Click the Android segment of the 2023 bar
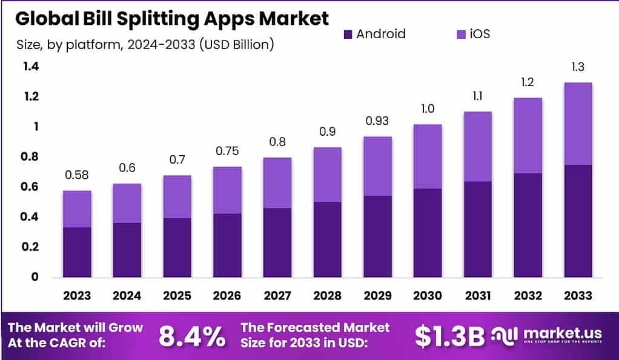tap(77, 252)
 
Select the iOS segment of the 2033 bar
tap(577, 124)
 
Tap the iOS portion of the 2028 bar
tap(327, 175)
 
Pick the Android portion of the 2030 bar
tap(427, 233)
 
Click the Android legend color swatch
tap(347, 34)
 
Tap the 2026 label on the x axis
tap(227, 296)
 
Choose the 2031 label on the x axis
tap(477, 296)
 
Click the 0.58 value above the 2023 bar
tap(77, 175)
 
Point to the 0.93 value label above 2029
tap(377, 121)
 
